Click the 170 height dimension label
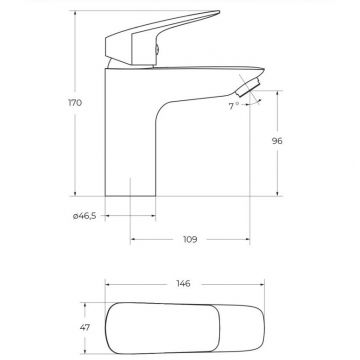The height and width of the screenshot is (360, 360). click(75, 103)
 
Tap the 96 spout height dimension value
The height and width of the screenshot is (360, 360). click(277, 141)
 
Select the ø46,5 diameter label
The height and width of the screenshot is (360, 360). click(85, 216)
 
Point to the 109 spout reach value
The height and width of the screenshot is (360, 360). click(190, 239)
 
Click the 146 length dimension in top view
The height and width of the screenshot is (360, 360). click(183, 284)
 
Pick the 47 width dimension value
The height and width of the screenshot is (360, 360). click(85, 328)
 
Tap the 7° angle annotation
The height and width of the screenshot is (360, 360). click(234, 106)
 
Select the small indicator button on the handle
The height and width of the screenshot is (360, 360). click(157, 50)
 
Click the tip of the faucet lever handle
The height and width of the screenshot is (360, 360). click(218, 12)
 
